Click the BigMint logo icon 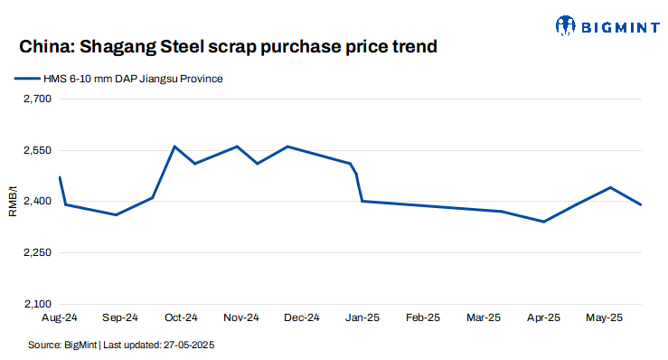pyautogui.click(x=566, y=26)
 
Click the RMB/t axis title pyautogui.click(x=13, y=202)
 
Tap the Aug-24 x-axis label pyautogui.click(x=59, y=318)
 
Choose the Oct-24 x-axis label pyautogui.click(x=180, y=318)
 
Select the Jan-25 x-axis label pyautogui.click(x=362, y=318)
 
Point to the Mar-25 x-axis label pyautogui.click(x=483, y=318)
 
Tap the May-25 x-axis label pyautogui.click(x=604, y=318)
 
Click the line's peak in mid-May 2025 pyautogui.click(x=611, y=187)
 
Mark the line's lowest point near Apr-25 pyautogui.click(x=543, y=222)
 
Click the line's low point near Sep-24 pyautogui.click(x=116, y=215)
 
